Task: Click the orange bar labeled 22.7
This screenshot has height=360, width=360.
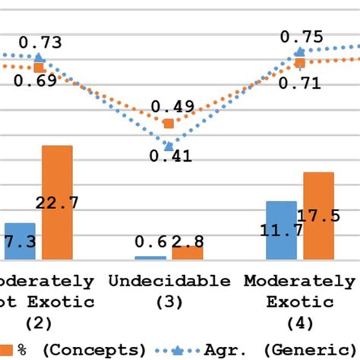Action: pyautogui.click(x=57, y=202)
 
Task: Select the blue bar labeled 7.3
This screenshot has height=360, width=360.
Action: pyautogui.click(x=20, y=242)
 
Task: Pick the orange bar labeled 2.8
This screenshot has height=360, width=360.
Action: pyautogui.click(x=188, y=252)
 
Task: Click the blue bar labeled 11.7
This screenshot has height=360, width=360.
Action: pyautogui.click(x=281, y=230)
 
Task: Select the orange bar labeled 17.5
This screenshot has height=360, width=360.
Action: pyautogui.click(x=318, y=216)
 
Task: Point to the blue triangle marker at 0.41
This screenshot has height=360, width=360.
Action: pyautogui.click(x=169, y=144)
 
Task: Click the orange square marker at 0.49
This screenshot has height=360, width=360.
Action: pyautogui.click(x=169, y=122)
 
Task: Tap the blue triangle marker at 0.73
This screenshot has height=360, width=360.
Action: pyautogui.click(x=39, y=58)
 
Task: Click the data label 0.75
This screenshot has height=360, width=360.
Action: pyautogui.click(x=302, y=36)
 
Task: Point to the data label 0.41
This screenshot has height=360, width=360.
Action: pyautogui.click(x=170, y=157)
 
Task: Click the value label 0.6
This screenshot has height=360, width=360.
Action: pyautogui.click(x=150, y=242)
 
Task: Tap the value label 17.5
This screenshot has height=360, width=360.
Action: pyautogui.click(x=320, y=216)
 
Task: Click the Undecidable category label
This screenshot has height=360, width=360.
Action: pyautogui.click(x=169, y=281)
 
